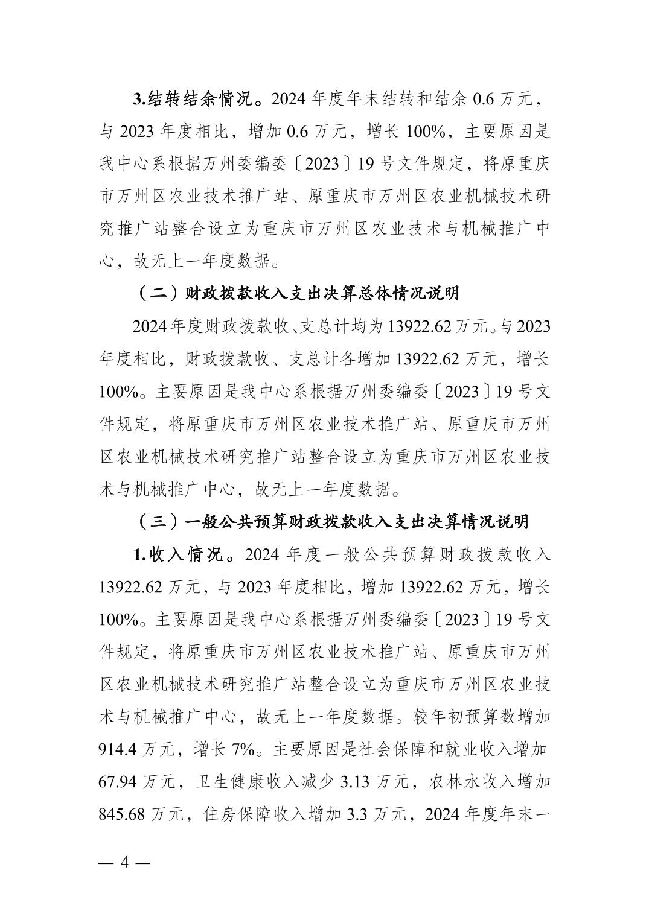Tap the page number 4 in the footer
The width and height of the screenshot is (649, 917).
tap(125, 861)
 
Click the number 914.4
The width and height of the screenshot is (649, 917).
tap(120, 750)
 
